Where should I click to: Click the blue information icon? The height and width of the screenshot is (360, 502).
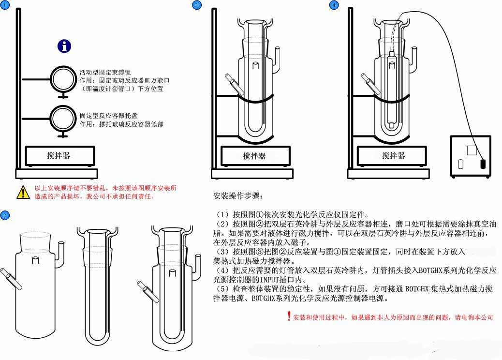[64, 46]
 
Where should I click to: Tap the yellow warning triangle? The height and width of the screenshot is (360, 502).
[23, 192]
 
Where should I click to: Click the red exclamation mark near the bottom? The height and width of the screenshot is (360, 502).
[289, 316]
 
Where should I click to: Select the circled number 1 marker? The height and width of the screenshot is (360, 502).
[5, 5]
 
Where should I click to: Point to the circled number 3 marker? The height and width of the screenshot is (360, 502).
[196, 5]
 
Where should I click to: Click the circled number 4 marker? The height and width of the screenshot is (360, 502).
[334, 5]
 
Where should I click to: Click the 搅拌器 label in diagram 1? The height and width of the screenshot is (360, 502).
[59, 155]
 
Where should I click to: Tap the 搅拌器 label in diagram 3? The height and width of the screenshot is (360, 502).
[254, 156]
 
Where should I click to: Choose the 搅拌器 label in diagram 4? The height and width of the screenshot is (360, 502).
[394, 155]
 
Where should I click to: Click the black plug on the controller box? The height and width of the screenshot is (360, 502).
[482, 164]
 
